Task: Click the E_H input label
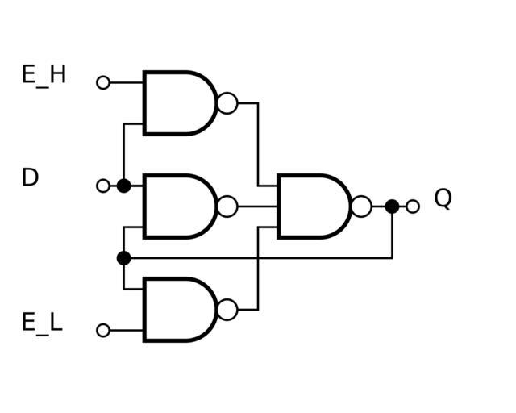(x=44, y=76)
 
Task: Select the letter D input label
(x=30, y=177)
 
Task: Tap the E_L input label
(x=42, y=323)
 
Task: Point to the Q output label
(x=443, y=198)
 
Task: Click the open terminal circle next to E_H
(x=103, y=82)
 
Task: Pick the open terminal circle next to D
(x=103, y=186)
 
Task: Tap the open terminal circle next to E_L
(x=103, y=330)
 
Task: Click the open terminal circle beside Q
(x=413, y=206)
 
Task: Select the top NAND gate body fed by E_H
(x=177, y=103)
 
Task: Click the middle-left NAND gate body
(x=177, y=206)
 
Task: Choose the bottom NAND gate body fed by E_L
(x=177, y=310)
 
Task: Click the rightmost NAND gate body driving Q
(x=312, y=206)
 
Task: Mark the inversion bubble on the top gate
(x=228, y=103)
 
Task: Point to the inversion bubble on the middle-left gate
(x=228, y=206)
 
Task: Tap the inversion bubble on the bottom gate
(x=228, y=310)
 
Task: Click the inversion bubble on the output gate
(x=362, y=206)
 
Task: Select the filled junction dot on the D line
(x=123, y=186)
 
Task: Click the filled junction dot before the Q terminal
(x=392, y=206)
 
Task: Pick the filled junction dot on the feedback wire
(x=123, y=258)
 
